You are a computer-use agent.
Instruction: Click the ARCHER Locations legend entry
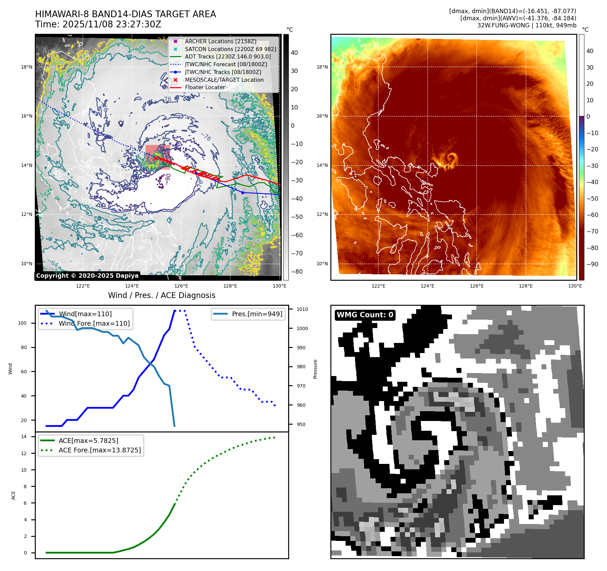[x=220, y=41]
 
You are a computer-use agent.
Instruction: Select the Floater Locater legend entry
[x=205, y=87]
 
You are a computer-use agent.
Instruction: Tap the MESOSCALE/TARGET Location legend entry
[x=224, y=80]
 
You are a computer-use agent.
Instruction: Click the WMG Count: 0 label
[x=365, y=315]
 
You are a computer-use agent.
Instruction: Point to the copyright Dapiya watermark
[x=87, y=276]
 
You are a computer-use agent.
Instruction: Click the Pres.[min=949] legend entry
[x=257, y=314]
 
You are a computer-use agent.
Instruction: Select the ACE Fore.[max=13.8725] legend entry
[x=100, y=450]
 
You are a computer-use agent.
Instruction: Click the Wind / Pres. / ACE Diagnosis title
[x=161, y=295]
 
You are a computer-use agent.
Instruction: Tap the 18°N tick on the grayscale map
[x=27, y=67]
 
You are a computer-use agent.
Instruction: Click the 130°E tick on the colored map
[x=575, y=286]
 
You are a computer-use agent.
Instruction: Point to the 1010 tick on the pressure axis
[x=302, y=309]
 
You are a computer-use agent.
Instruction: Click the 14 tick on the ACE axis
[x=24, y=437]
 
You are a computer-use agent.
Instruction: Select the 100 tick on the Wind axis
[x=22, y=323]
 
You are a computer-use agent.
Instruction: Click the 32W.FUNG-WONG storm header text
[x=527, y=25]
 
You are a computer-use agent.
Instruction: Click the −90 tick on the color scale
[x=592, y=264]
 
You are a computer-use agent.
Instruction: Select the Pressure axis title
[x=315, y=369]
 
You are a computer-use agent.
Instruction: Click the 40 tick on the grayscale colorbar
[x=294, y=53]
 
